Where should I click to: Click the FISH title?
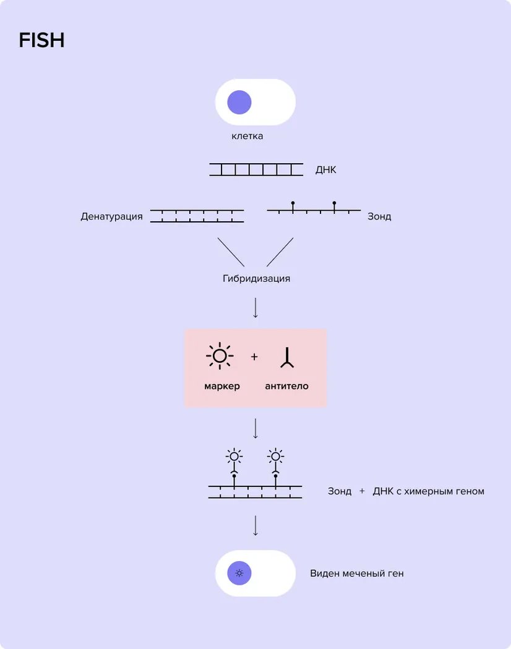pyautogui.click(x=41, y=41)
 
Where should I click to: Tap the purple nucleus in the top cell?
pyautogui.click(x=239, y=102)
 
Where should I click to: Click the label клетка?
pyautogui.click(x=247, y=136)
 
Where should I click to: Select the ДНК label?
pyautogui.click(x=326, y=170)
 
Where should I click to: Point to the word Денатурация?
pyautogui.click(x=111, y=216)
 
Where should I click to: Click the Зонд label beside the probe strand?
pyautogui.click(x=379, y=216)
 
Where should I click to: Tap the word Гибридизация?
pyautogui.click(x=256, y=278)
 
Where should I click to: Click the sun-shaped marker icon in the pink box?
pyautogui.click(x=220, y=356)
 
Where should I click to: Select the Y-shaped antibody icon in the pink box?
pyautogui.click(x=287, y=357)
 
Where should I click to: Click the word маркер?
pyautogui.click(x=222, y=386)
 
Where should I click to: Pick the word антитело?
pyautogui.click(x=286, y=386)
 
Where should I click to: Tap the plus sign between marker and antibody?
pyautogui.click(x=254, y=357)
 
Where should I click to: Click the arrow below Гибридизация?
pyautogui.click(x=255, y=308)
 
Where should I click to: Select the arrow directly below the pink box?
pyautogui.click(x=255, y=428)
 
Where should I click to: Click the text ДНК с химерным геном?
pyautogui.click(x=429, y=491)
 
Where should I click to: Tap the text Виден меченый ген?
pyautogui.click(x=357, y=574)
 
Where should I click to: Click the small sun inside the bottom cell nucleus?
pyautogui.click(x=239, y=573)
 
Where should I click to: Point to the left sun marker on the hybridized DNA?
pyautogui.click(x=234, y=457)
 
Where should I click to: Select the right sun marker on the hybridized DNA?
pyautogui.click(x=276, y=457)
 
